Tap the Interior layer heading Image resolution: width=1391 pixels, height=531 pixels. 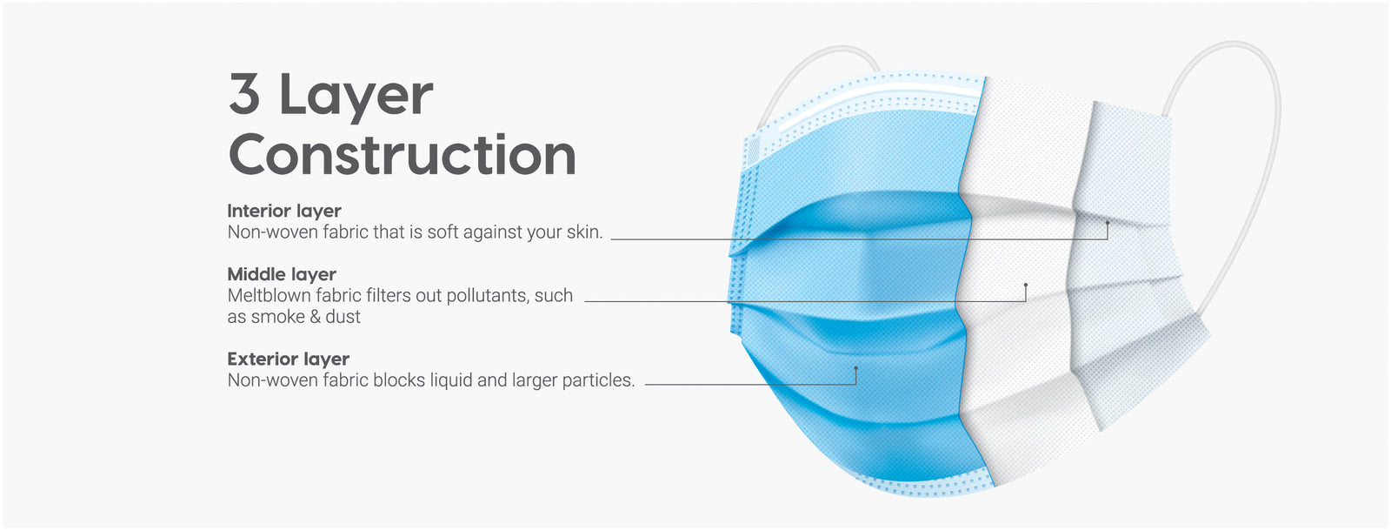click(x=284, y=212)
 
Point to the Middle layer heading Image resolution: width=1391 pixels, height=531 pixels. click(x=282, y=274)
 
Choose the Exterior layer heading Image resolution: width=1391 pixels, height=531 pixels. click(x=288, y=359)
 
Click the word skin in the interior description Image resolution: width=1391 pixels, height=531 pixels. click(x=583, y=232)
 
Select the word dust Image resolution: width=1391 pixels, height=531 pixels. click(x=343, y=317)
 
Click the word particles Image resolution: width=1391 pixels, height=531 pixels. click(x=599, y=380)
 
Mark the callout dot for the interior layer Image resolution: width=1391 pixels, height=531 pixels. click(x=1108, y=223)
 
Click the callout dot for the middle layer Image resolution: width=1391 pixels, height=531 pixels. click(x=1025, y=285)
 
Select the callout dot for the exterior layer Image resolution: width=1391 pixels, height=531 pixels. click(x=855, y=368)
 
